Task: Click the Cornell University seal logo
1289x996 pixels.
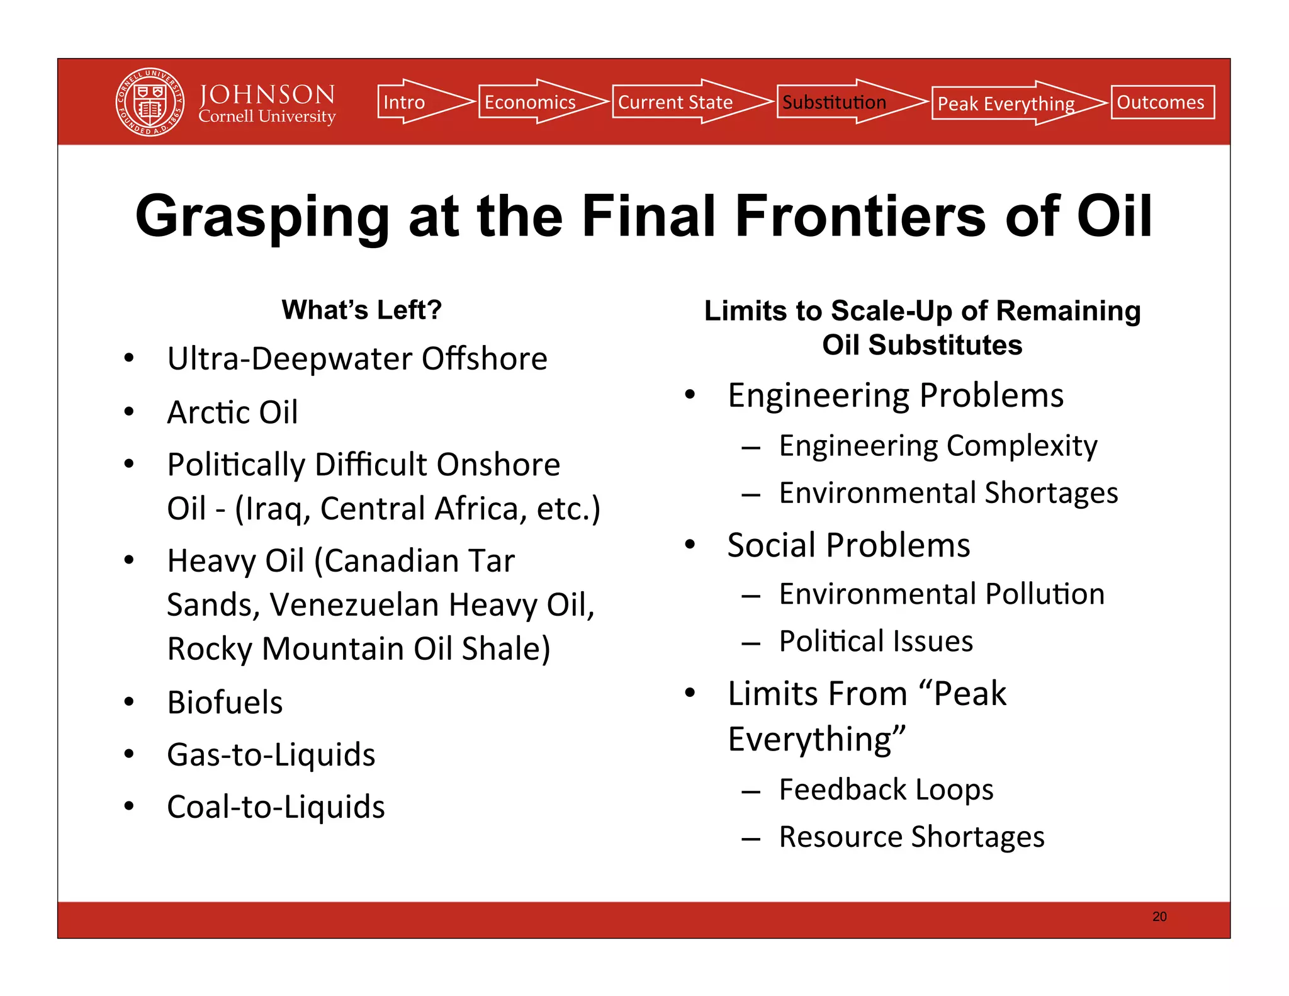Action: click(x=150, y=102)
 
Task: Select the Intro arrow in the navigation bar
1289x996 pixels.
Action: click(x=415, y=102)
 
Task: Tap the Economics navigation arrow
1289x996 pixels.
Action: click(x=535, y=102)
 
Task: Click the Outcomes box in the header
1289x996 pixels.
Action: click(x=1162, y=102)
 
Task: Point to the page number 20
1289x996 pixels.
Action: click(x=1159, y=917)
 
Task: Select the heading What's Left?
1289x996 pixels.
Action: click(x=361, y=310)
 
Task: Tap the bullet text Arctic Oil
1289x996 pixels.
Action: click(x=232, y=412)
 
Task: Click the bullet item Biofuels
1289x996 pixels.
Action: click(x=225, y=702)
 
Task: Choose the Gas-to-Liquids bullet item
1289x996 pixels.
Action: click(x=271, y=754)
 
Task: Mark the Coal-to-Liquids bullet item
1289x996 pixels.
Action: click(x=276, y=806)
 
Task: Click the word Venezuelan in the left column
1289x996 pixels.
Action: click(x=354, y=604)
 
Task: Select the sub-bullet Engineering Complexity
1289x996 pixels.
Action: click(x=938, y=446)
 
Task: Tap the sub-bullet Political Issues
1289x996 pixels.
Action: click(x=875, y=642)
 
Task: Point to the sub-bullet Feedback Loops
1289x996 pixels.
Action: click(x=886, y=789)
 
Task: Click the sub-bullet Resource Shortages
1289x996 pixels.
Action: click(x=911, y=837)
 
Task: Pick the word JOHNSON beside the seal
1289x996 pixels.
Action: click(x=267, y=94)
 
